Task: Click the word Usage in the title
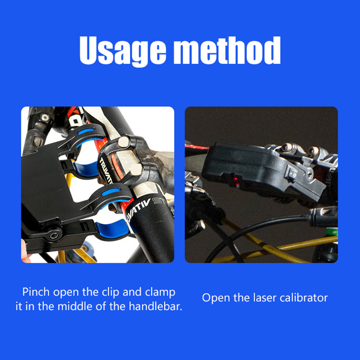[122, 51]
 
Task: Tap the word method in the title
[227, 50]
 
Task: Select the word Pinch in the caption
[36, 292]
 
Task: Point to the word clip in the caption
[110, 292]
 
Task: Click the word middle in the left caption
[75, 306]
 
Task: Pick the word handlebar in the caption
[155, 306]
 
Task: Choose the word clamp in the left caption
[160, 292]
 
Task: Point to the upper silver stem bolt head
[123, 141]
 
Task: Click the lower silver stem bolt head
[136, 170]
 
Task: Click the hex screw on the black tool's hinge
[54, 235]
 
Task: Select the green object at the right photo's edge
[332, 232]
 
